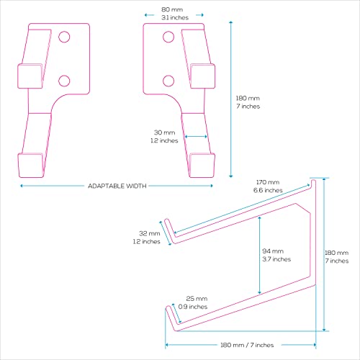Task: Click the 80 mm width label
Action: click(x=172, y=9)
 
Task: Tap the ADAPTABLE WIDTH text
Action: click(x=117, y=186)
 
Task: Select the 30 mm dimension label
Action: click(x=165, y=132)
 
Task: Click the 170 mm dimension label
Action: click(x=268, y=182)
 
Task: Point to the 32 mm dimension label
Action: click(x=150, y=233)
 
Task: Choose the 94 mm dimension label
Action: click(x=273, y=251)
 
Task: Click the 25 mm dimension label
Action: click(x=197, y=299)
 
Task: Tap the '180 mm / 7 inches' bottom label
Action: click(x=247, y=345)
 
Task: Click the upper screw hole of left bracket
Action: click(x=64, y=37)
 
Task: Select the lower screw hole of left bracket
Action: click(x=64, y=81)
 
